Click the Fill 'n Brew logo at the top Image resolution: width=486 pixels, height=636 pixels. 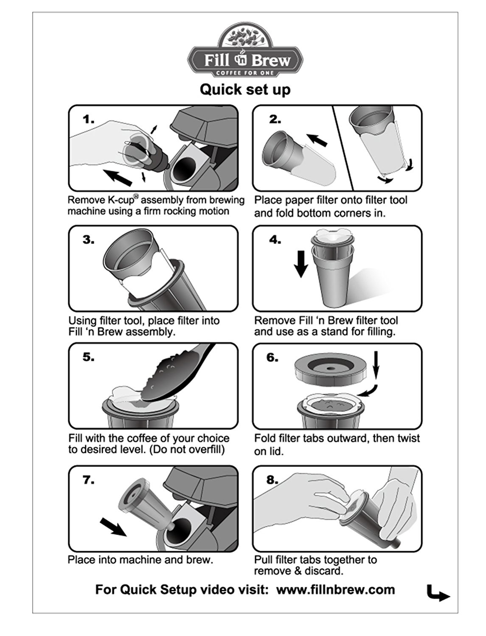tap(245, 50)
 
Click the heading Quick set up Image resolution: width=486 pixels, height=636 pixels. tap(245, 89)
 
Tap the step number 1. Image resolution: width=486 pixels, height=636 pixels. tap(88, 119)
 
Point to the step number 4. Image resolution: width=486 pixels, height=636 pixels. tap(275, 240)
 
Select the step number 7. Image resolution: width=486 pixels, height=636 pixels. tap(88, 480)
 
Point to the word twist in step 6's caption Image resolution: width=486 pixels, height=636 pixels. tap(407, 438)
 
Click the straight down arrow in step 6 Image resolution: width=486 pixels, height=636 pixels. tap(376, 365)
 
